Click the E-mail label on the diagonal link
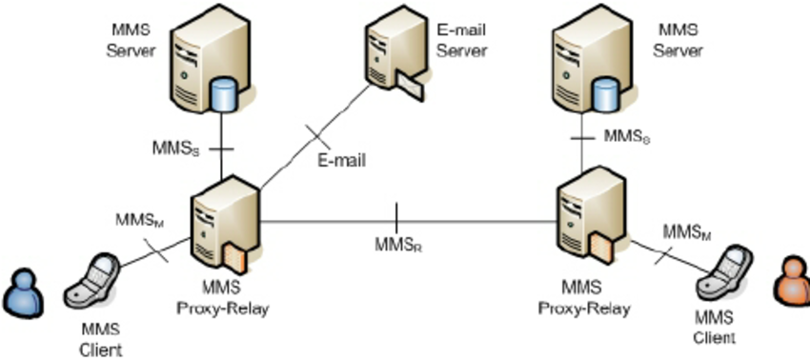(x=341, y=158)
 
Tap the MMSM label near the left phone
(x=138, y=221)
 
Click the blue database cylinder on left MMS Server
(x=225, y=93)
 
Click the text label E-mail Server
(x=462, y=40)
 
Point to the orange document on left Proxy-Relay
(x=238, y=258)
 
